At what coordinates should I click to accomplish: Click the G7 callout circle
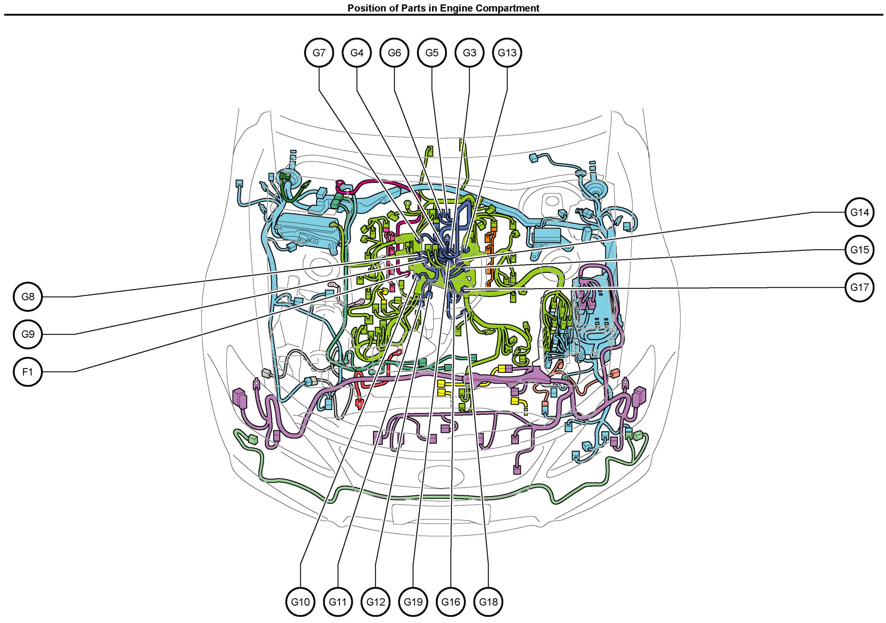[319, 53]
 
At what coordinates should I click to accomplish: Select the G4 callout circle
[357, 53]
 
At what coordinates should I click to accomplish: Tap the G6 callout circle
[394, 53]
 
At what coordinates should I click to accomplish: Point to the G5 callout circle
[432, 53]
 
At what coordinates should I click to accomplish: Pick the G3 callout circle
[470, 53]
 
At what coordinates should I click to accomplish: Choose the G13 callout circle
[507, 53]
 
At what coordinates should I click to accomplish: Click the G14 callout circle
[859, 212]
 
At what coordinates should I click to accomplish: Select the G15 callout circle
[859, 250]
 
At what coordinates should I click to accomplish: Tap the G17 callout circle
[859, 287]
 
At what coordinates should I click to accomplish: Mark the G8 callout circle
[28, 297]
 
